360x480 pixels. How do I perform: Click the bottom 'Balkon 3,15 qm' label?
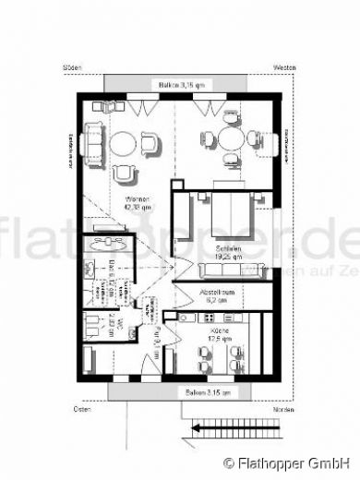click(179, 392)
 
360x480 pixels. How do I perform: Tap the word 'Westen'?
click(283, 68)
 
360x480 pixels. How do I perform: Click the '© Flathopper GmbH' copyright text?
click(290, 462)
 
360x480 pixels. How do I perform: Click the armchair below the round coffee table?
click(122, 173)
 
